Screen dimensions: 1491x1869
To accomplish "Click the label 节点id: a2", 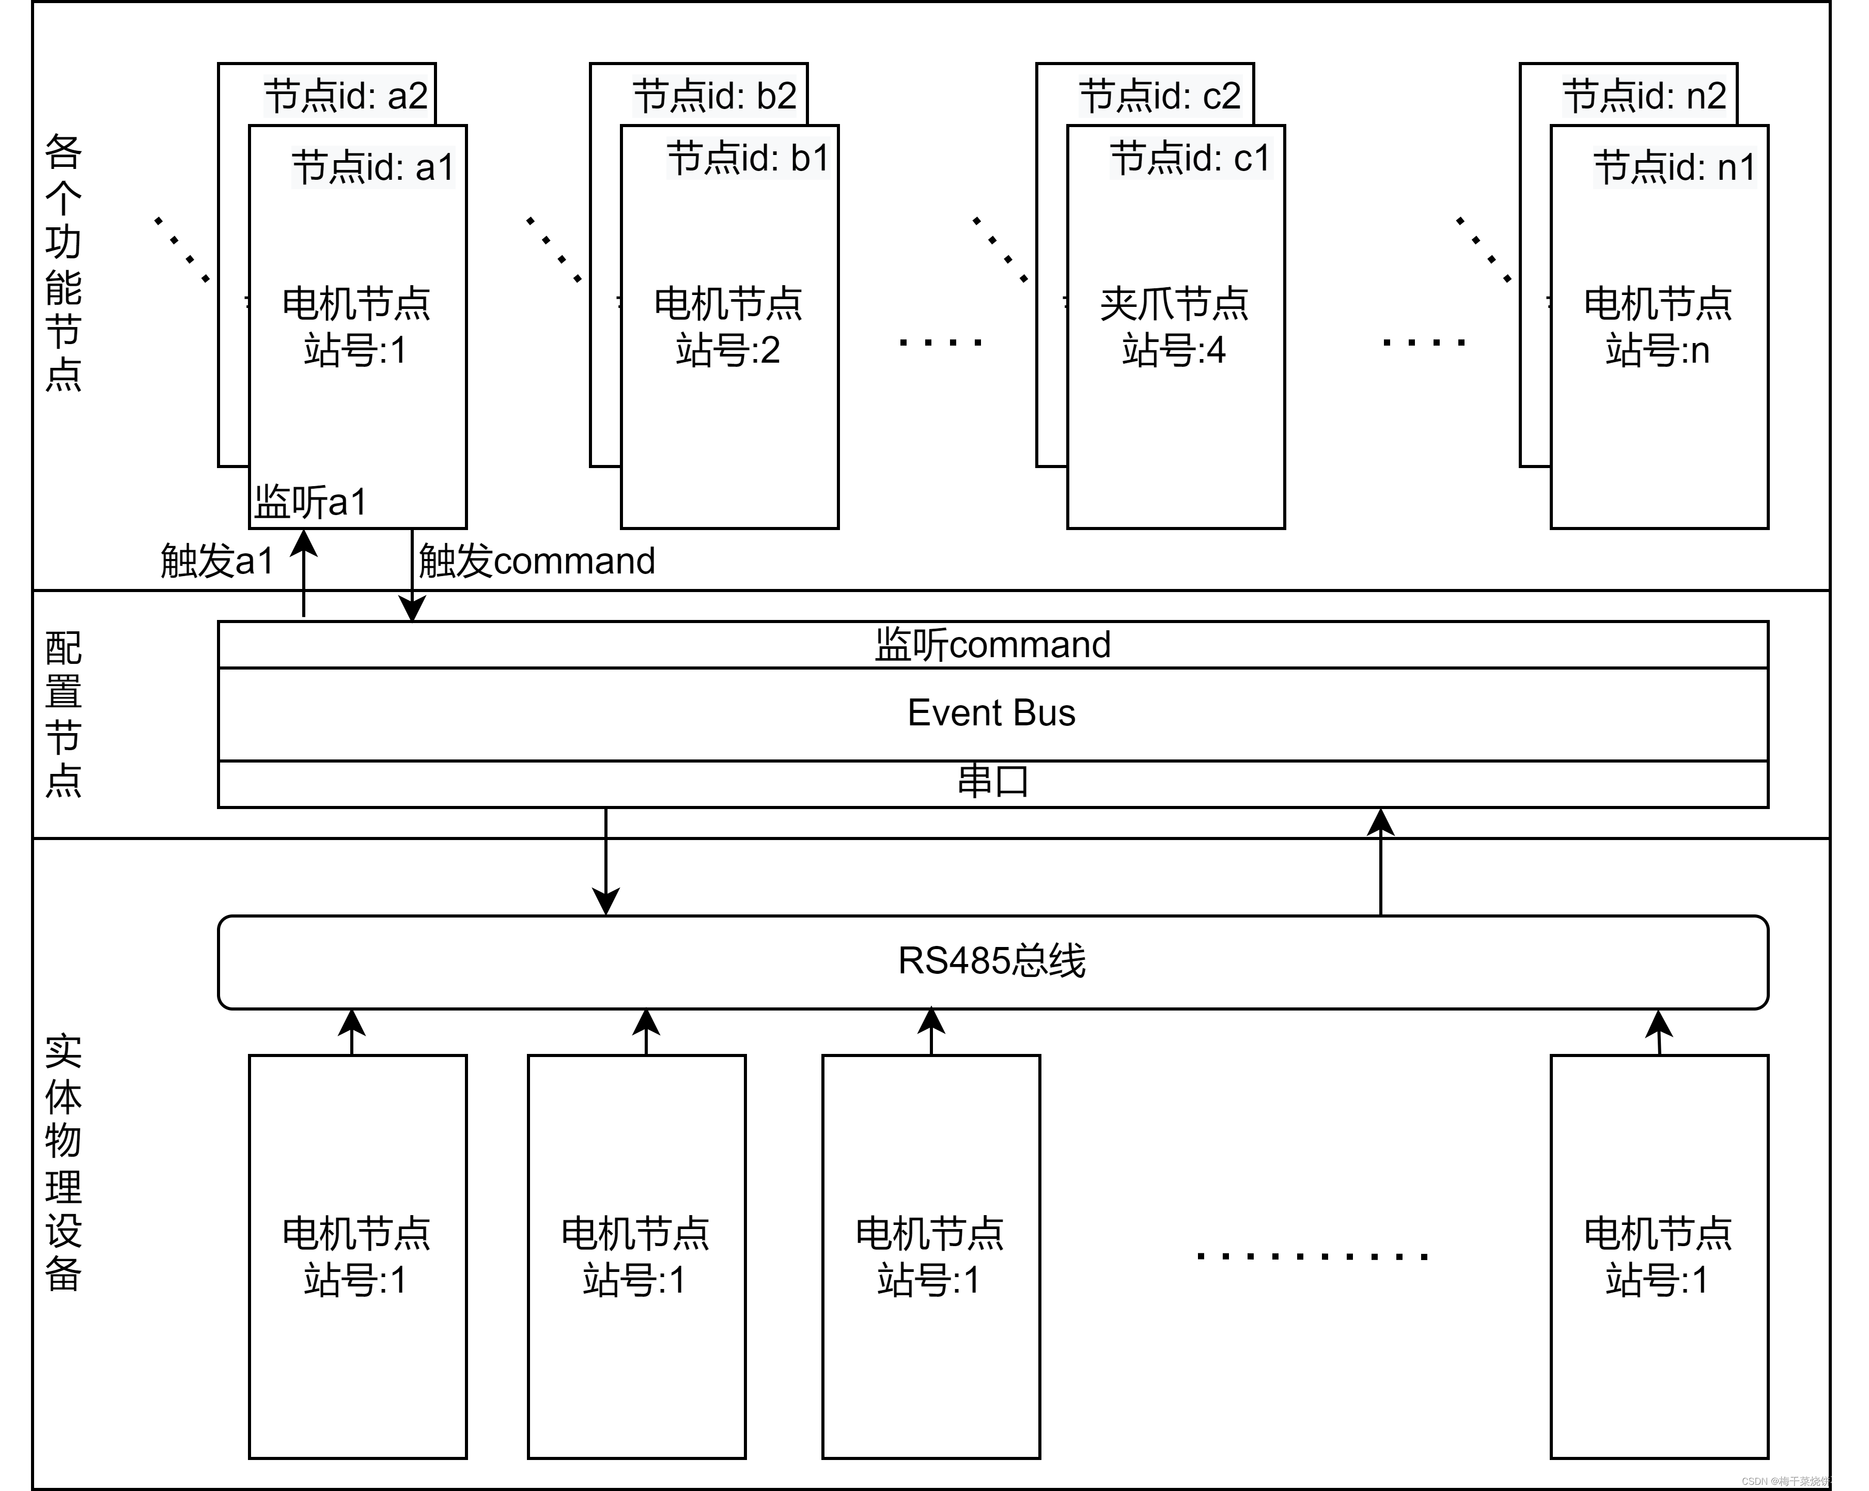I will [x=346, y=96].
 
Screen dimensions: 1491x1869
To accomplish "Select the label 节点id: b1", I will [x=747, y=158].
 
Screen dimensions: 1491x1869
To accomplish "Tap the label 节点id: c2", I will [x=1160, y=96].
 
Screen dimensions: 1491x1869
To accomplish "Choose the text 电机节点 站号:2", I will [x=728, y=328].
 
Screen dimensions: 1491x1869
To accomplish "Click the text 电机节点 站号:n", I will [x=1658, y=328].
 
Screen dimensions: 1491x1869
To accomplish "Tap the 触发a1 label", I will [x=217, y=561].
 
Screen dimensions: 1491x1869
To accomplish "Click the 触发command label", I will [x=537, y=561].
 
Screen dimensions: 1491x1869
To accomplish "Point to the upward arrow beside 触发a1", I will [x=303, y=572].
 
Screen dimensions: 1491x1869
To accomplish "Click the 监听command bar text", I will [x=992, y=645].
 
